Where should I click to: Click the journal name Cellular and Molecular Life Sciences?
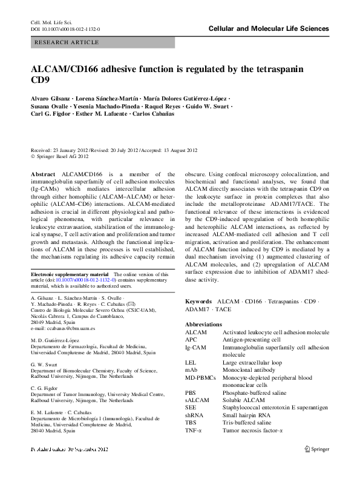coord(268,28)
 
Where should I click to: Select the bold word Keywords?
coord(198,301)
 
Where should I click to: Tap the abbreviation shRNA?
coord(195,415)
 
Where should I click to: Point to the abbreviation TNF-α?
coord(196,430)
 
